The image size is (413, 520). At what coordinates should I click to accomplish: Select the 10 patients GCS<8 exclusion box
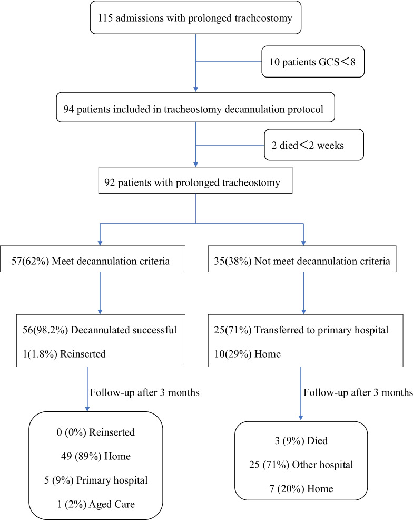tap(313, 61)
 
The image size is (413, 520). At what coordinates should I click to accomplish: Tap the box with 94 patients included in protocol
tap(196, 108)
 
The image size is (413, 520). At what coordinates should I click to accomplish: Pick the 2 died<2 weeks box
tap(313, 145)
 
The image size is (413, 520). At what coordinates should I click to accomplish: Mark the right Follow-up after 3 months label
tap(357, 392)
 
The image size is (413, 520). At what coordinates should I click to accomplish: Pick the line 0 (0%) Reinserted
tap(95, 432)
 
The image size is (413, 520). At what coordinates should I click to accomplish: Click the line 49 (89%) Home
tap(95, 457)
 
